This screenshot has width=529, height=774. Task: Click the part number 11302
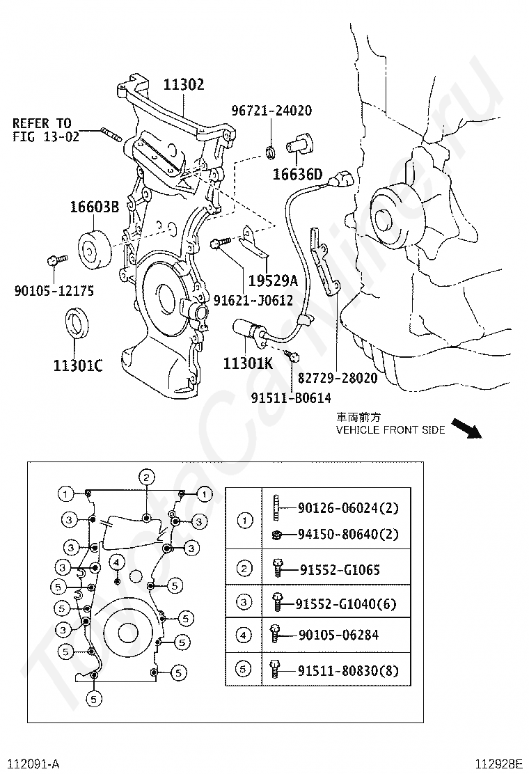pos(184,85)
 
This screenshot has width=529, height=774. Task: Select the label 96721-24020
pos(271,111)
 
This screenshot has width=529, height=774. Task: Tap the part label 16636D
pos(297,174)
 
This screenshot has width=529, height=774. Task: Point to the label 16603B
pos(94,207)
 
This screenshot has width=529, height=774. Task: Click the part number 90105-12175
pos(54,291)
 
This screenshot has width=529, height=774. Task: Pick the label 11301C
pos(78,365)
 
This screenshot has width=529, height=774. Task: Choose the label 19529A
pos(274,281)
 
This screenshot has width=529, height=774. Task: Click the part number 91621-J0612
pos(253,300)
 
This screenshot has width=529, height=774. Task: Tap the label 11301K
pos(248,363)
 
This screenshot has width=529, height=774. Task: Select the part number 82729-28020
pos(338,378)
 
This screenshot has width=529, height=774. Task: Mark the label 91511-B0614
pos(291,397)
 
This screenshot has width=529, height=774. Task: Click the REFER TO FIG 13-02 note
pos(46,130)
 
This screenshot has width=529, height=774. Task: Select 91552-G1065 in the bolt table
pos(340,570)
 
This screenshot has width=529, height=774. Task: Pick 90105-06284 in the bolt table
pos(339,635)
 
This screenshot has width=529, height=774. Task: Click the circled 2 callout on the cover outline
pos(146,477)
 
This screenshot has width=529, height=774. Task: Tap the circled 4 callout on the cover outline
pos(117,561)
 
